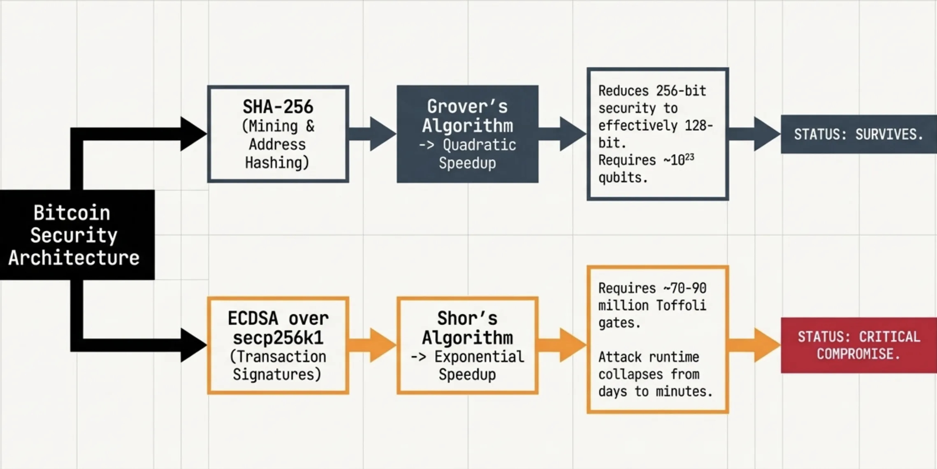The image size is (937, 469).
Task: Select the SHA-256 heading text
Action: point(278,107)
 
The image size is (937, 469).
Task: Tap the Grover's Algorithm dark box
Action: point(467,134)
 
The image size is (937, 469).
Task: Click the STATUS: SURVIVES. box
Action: point(858,134)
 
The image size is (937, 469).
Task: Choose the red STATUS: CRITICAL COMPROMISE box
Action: point(858,345)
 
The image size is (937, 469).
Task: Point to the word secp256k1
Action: point(278,338)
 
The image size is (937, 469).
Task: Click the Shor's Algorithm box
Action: point(467,345)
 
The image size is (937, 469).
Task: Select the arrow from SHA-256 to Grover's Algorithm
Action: point(373,134)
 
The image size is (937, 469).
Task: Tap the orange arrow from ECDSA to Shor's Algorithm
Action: point(373,345)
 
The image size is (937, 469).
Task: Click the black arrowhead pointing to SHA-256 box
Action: point(193,134)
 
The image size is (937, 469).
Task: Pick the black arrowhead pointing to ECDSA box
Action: point(193,345)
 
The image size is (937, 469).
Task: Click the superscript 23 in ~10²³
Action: point(690,157)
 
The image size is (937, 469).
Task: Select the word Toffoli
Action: point(681,305)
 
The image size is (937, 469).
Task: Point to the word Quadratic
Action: point(479,145)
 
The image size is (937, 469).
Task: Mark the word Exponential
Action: point(479,357)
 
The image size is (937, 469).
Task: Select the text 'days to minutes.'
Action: point(655,391)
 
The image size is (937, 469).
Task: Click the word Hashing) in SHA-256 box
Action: point(277,163)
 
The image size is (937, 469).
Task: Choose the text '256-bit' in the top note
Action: point(681,91)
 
